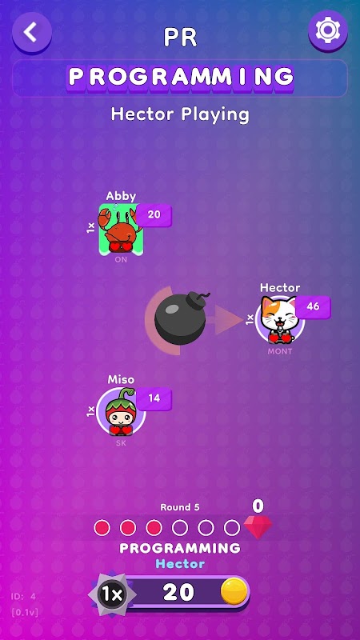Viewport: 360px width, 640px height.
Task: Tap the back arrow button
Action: coord(32,32)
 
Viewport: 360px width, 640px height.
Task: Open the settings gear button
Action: coord(328,30)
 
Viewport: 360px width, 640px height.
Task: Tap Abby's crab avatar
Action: coord(121,230)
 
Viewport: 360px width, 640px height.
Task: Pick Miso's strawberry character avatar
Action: coord(121,412)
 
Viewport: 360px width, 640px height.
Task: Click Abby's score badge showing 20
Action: coord(154,215)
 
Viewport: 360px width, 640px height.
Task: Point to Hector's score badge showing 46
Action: coord(313,307)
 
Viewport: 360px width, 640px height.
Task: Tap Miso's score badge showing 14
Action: coord(154,398)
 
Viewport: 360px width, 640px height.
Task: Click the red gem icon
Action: coord(258,527)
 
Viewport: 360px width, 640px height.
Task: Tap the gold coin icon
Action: coord(234,592)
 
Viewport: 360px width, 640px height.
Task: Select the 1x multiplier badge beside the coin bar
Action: coord(112,594)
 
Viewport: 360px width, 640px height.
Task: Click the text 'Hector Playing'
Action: coord(180,114)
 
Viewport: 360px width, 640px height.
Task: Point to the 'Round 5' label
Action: coord(180,507)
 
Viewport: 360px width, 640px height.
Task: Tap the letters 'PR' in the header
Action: coord(180,38)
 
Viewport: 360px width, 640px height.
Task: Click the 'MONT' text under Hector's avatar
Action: coord(280,351)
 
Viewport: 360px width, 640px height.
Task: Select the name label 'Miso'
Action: coord(121,379)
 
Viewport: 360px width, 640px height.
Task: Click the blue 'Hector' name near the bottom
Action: coord(180,564)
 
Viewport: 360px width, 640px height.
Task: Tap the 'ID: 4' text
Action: coord(23,596)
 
